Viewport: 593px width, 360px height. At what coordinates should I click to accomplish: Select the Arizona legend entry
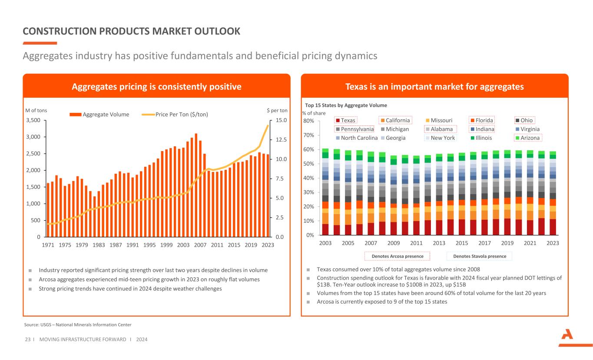pos(527,138)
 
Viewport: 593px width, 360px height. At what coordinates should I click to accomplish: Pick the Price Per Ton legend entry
pos(175,115)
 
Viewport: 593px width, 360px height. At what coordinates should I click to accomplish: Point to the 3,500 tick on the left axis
pos(33,120)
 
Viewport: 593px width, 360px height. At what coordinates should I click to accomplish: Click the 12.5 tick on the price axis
pos(280,140)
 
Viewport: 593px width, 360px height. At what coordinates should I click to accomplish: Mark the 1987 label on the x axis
pos(116,245)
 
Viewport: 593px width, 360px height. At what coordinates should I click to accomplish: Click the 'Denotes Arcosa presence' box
pos(397,256)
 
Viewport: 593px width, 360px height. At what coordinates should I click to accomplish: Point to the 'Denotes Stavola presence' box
pos(479,256)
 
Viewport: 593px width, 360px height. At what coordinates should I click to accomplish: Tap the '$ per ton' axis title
pos(277,110)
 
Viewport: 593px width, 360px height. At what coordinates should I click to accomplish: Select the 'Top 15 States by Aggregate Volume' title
pos(346,105)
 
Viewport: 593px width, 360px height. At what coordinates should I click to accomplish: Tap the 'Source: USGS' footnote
pos(77,325)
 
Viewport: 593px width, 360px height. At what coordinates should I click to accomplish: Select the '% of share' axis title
pos(314,113)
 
